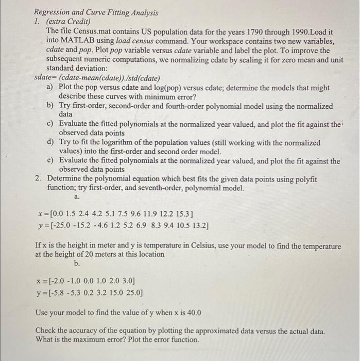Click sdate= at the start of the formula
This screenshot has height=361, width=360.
tap(45, 78)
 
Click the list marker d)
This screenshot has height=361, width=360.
tap(50, 142)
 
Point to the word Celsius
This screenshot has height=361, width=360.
tap(199, 247)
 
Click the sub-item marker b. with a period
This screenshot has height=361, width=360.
tap(77, 264)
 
